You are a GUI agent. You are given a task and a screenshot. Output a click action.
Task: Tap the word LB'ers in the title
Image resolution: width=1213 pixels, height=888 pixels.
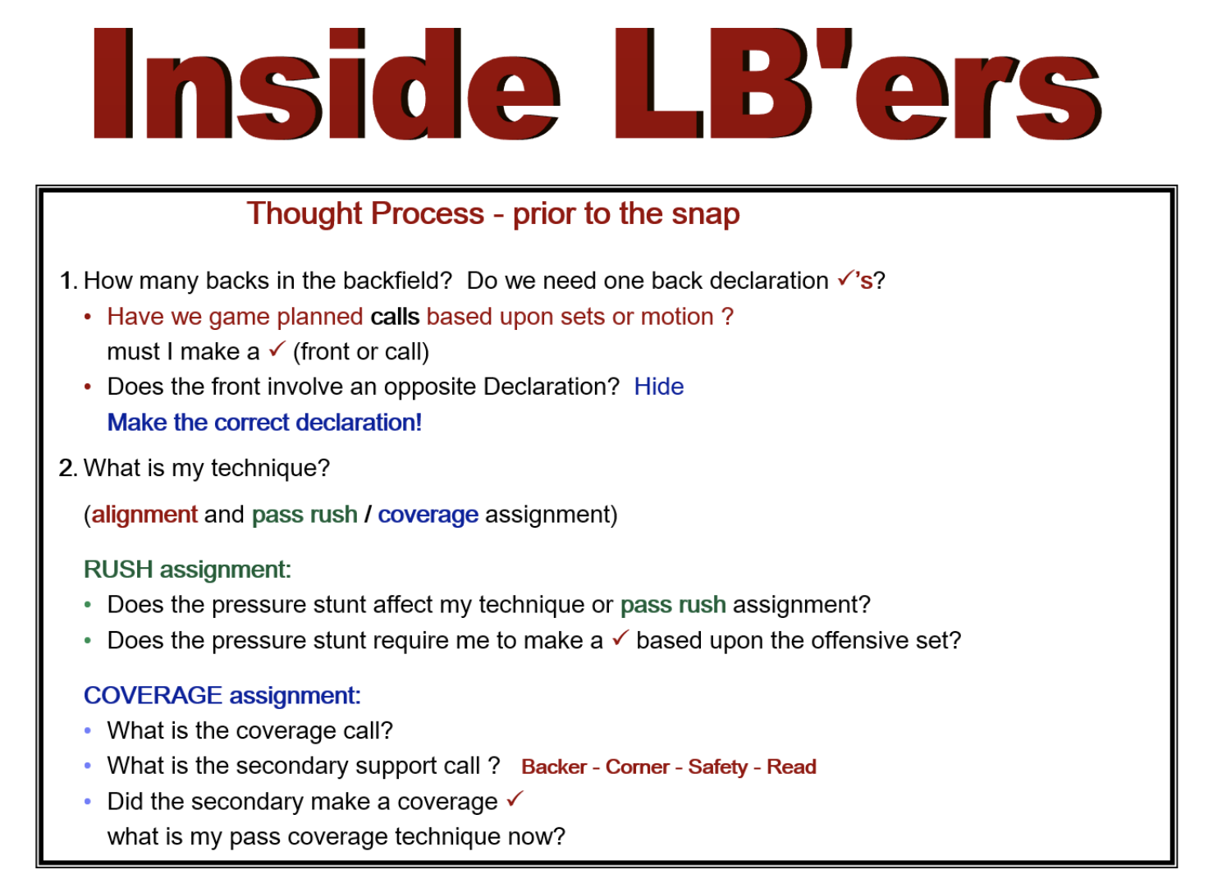point(858,84)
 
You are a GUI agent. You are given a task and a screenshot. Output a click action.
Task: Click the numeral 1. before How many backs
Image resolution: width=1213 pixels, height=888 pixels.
point(69,281)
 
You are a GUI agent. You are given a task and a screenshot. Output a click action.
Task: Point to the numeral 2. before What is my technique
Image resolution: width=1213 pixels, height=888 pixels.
point(69,469)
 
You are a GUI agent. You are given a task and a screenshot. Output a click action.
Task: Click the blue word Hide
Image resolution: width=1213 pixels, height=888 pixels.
point(659,387)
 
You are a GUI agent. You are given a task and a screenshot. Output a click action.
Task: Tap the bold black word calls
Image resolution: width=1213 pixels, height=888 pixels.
point(396,317)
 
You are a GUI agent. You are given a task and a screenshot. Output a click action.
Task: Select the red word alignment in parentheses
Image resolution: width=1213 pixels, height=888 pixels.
point(144,515)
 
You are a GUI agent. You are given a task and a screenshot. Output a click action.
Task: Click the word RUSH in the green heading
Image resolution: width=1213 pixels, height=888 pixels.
point(119,570)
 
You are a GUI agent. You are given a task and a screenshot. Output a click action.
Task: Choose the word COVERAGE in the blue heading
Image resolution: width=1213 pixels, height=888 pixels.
point(153,696)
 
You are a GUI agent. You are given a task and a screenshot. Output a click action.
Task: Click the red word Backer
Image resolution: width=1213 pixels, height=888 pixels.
point(555,767)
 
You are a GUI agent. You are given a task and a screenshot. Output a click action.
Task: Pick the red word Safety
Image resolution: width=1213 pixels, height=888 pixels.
point(718,767)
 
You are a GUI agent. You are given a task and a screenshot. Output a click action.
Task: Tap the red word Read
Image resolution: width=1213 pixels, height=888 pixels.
point(792,767)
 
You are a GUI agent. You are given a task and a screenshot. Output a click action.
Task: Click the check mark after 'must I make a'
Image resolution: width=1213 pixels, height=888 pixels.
point(277,349)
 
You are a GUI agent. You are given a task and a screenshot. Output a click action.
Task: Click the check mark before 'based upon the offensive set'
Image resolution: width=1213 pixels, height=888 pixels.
point(620,638)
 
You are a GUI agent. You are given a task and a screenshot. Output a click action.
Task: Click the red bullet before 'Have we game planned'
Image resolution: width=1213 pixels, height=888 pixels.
point(88,318)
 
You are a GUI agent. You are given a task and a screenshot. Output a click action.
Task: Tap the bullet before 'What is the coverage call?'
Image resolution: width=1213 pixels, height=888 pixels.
point(88,731)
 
